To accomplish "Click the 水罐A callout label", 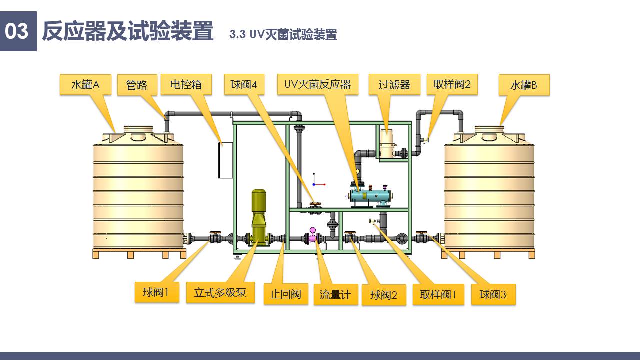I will pyautogui.click(x=85, y=85).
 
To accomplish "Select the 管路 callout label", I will pyautogui.click(x=137, y=85).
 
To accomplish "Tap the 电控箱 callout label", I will pyautogui.click(x=186, y=84).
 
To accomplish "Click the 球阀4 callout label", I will pyautogui.click(x=244, y=84).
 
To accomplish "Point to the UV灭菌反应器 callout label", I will pyautogui.click(x=318, y=84).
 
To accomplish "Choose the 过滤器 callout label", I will pyautogui.click(x=394, y=84).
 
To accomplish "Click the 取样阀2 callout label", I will pyautogui.click(x=452, y=84).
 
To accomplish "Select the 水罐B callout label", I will pyautogui.click(x=524, y=85).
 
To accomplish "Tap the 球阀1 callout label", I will pyautogui.click(x=156, y=292).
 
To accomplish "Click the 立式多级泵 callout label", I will pyautogui.click(x=220, y=292).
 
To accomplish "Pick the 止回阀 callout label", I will pyautogui.click(x=286, y=294).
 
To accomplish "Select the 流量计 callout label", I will pyautogui.click(x=335, y=295).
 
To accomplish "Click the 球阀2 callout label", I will pyautogui.click(x=384, y=295).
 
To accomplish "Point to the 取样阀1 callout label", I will pyautogui.click(x=438, y=295).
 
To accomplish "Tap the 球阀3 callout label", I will pyautogui.click(x=493, y=294).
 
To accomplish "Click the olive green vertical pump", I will pyautogui.click(x=258, y=215).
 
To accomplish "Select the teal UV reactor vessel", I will pyautogui.click(x=370, y=195).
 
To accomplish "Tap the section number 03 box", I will pyautogui.click(x=18, y=31).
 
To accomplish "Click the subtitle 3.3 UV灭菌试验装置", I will pyautogui.click(x=283, y=34).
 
